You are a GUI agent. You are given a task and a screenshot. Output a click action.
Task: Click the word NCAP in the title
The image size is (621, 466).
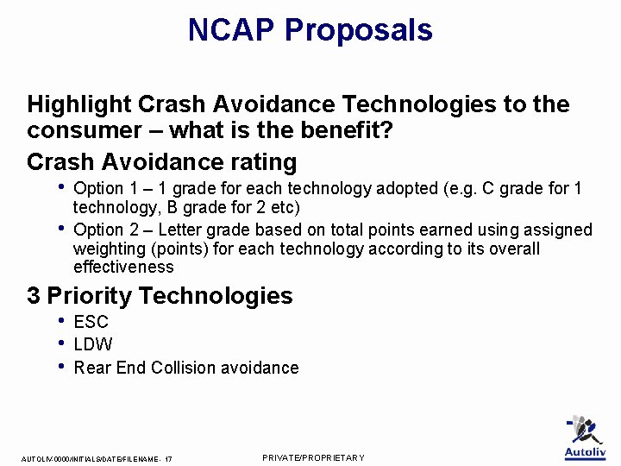click(x=231, y=30)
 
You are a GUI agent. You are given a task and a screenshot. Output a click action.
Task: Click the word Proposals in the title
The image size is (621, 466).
click(x=359, y=31)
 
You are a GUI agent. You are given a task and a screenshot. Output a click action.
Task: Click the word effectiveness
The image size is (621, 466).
click(x=123, y=268)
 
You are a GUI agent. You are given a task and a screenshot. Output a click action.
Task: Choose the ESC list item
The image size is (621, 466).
click(x=91, y=323)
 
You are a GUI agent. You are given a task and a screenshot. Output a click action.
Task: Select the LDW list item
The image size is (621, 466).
click(x=93, y=345)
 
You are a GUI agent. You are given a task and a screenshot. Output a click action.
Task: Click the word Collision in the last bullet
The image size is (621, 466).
click(x=183, y=368)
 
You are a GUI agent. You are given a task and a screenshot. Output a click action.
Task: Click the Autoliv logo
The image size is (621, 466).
click(x=585, y=438)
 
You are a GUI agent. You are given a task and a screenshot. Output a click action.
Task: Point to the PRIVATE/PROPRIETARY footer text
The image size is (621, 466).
click(x=313, y=457)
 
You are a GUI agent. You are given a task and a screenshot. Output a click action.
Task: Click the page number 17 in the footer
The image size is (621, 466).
click(x=167, y=459)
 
